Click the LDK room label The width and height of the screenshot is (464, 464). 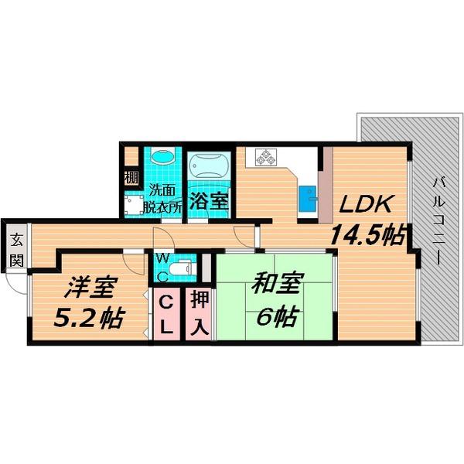click(x=366, y=204)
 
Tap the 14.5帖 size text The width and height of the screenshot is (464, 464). click(x=367, y=235)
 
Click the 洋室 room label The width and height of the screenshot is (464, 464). click(x=90, y=286)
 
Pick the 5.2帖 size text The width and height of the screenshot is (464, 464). click(x=88, y=318)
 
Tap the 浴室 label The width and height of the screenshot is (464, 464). click(x=209, y=201)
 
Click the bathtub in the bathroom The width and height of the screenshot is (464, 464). click(x=209, y=167)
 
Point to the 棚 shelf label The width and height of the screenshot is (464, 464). click(x=131, y=178)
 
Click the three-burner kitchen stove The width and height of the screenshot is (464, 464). click(x=266, y=158)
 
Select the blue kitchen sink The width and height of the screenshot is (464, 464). click(x=308, y=199)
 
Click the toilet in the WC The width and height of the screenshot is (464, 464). click(x=180, y=268)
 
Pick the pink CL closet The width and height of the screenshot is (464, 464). click(x=166, y=314)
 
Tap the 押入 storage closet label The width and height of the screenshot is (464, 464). click(x=200, y=313)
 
